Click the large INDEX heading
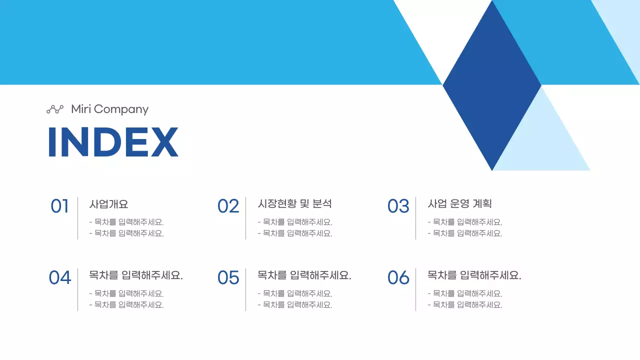[x=113, y=142]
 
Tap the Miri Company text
[x=109, y=109]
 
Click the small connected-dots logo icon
[x=55, y=109]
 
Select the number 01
[x=59, y=206]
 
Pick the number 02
[x=228, y=206]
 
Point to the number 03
[x=398, y=206]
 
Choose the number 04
[x=59, y=277]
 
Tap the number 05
[x=228, y=277]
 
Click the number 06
[x=398, y=277]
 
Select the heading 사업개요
[x=109, y=204]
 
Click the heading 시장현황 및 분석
[x=294, y=204]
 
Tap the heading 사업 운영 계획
[x=460, y=204]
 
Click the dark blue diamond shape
[x=492, y=85]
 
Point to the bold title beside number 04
[x=136, y=275]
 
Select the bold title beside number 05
[x=304, y=275]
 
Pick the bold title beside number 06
[x=474, y=275]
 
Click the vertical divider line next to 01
[x=77, y=218]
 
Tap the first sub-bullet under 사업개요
[x=126, y=222]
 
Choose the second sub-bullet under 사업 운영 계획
[x=465, y=233]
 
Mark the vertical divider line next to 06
[x=415, y=289]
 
